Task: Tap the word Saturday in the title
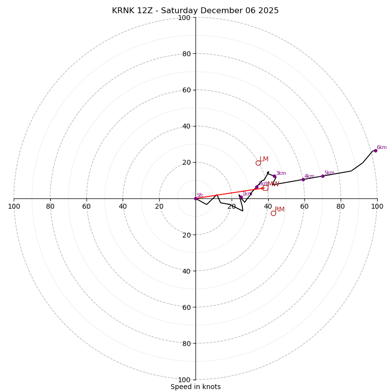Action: (180, 11)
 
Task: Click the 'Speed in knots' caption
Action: (195, 387)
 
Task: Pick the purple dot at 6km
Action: (375, 151)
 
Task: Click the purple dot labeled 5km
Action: (323, 176)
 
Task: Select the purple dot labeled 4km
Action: (303, 179)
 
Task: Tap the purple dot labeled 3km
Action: (274, 176)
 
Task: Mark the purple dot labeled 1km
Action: (241, 197)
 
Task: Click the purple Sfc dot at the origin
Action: (195, 198)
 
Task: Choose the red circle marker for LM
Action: (258, 163)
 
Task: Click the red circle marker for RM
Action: (273, 213)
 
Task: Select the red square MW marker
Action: (265, 187)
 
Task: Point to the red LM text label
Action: (264, 159)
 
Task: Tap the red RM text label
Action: (280, 210)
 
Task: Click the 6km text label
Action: (381, 148)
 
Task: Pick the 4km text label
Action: (309, 176)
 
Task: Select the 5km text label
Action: (329, 173)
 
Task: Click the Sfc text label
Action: (200, 195)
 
